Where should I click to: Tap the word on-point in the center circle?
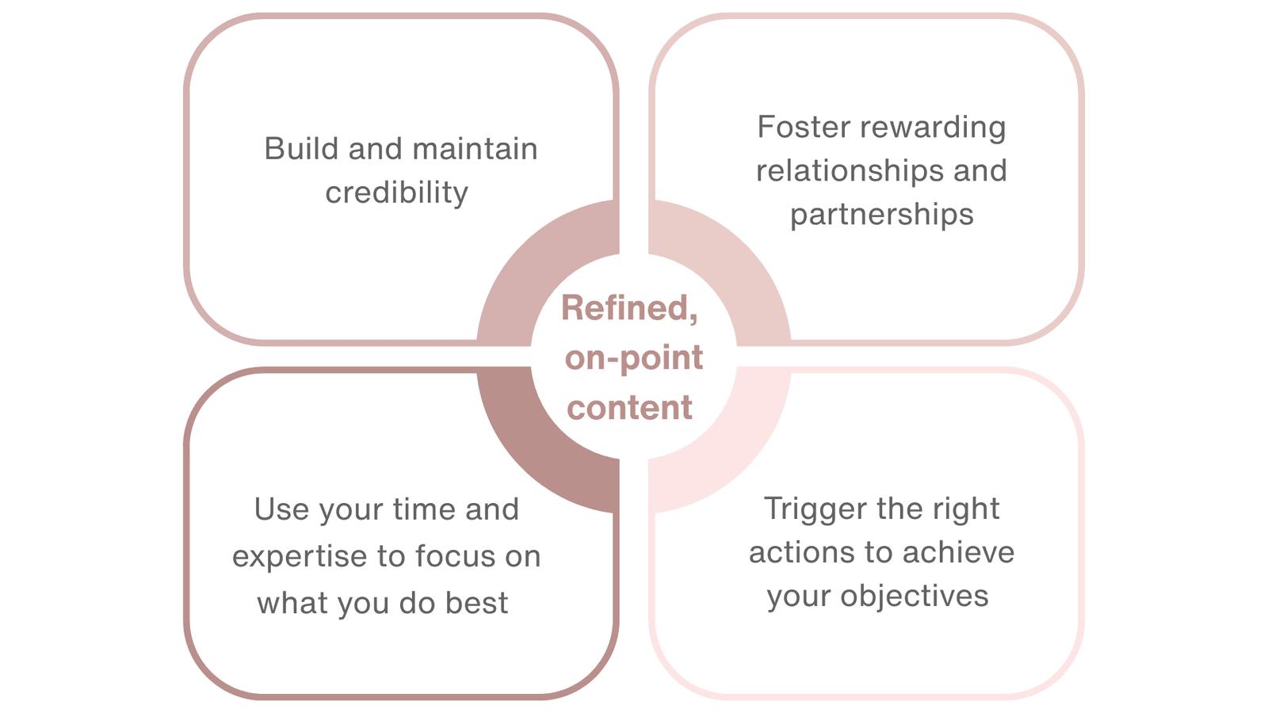point(633,358)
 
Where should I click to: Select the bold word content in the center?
point(630,408)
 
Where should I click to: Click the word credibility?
point(396,193)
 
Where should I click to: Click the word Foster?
point(800,127)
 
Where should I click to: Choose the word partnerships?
point(881,215)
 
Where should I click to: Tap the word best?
point(476,603)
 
